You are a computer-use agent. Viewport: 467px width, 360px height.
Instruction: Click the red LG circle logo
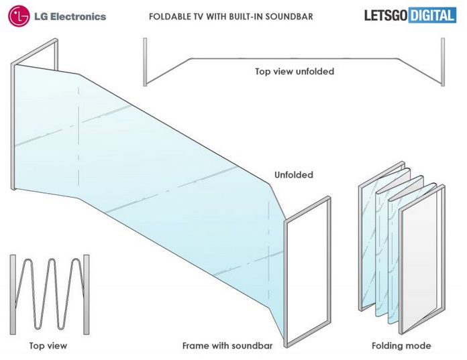[19, 15]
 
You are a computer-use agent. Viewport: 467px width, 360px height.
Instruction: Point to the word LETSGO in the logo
[384, 15]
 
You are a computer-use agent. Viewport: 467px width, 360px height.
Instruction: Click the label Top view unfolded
[294, 71]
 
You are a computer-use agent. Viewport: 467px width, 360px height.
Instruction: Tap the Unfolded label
[294, 175]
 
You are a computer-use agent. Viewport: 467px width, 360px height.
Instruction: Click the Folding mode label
[401, 346]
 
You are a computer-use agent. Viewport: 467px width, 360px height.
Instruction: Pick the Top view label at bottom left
[48, 346]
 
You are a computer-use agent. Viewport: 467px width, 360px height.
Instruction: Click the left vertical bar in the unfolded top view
[144, 62]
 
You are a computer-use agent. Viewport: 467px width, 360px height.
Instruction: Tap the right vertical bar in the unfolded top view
[442, 62]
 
